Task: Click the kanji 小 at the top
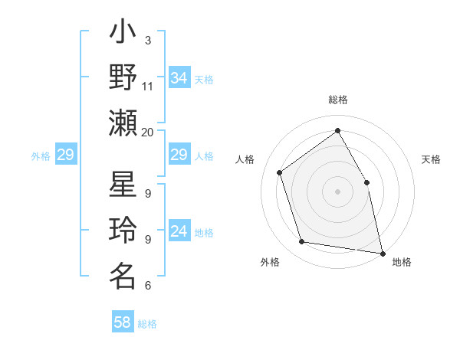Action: coord(123,35)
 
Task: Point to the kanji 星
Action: coord(123,188)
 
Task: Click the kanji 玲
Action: coord(123,231)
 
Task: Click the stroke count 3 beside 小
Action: coord(148,41)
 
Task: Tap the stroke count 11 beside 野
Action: coord(148,86)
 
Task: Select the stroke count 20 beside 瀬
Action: coord(148,132)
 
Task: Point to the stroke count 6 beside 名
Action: coord(148,286)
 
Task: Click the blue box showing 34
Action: coord(179,78)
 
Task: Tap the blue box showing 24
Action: coord(179,232)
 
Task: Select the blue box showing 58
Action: coord(123,322)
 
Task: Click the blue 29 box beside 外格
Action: coord(65,155)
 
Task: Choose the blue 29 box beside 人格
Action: coord(179,155)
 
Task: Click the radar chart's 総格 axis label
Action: coord(337,100)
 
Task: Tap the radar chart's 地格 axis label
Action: coord(402,262)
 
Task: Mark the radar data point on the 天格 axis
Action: coord(366,182)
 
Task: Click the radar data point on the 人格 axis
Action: coord(280,172)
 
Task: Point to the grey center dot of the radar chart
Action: coord(337,191)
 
